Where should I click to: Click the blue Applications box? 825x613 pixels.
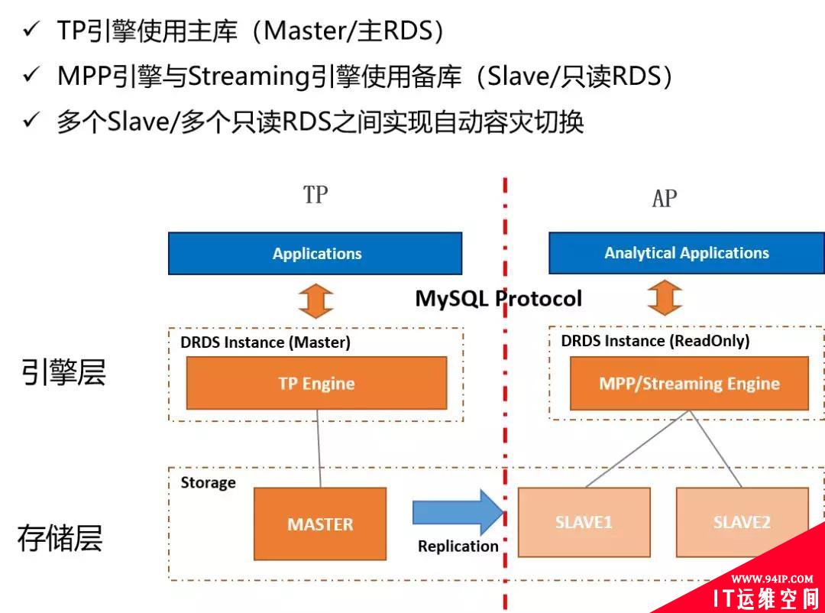tap(315, 253)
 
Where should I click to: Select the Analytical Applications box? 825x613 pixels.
tap(686, 253)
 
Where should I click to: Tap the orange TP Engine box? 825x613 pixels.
tap(316, 383)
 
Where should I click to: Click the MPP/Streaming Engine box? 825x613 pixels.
tap(689, 383)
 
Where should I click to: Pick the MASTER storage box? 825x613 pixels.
tap(320, 524)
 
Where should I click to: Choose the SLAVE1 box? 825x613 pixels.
tap(584, 523)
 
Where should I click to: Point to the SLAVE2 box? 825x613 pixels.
tap(742, 523)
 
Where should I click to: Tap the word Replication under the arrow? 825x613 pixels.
tap(458, 546)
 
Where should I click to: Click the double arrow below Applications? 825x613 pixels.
tap(316, 300)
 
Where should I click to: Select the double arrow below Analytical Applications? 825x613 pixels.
tap(665, 298)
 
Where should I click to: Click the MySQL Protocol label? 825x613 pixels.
tap(498, 298)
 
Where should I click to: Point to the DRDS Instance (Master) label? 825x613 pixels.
tap(265, 342)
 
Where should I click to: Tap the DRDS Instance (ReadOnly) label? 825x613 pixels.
tap(655, 341)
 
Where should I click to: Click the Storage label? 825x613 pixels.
tap(208, 482)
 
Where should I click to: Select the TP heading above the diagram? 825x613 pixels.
tap(315, 195)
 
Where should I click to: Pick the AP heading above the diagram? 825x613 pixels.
tap(665, 199)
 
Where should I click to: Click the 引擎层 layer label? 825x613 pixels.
tap(63, 373)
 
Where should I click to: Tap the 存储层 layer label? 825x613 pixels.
tap(60, 538)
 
